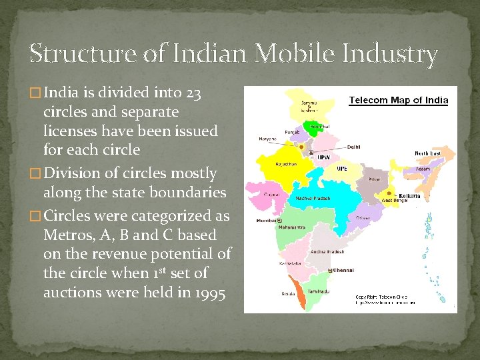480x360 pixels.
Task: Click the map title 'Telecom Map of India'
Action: point(399,101)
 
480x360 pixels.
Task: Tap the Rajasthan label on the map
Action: point(287,164)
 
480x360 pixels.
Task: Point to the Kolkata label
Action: point(409,196)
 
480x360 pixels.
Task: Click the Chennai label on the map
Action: point(343,270)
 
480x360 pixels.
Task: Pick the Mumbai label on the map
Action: point(267,220)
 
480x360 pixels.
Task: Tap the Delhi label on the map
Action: point(353,147)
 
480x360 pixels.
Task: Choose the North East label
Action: point(427,153)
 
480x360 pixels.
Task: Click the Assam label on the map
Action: point(423,169)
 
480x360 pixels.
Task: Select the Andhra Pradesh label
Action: point(327,252)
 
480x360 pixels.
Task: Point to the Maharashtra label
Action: point(291,227)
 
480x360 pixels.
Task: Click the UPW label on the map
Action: point(323,158)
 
